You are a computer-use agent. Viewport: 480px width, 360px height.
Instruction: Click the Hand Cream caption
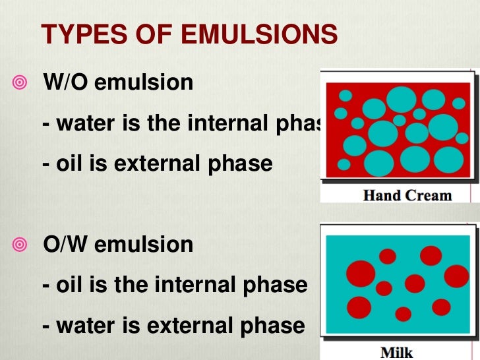click(x=407, y=195)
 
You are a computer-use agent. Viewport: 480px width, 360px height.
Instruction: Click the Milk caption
click(x=397, y=352)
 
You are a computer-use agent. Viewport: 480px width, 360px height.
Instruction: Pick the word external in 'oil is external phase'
click(x=156, y=163)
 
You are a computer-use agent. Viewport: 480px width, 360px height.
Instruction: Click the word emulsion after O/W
click(x=144, y=245)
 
